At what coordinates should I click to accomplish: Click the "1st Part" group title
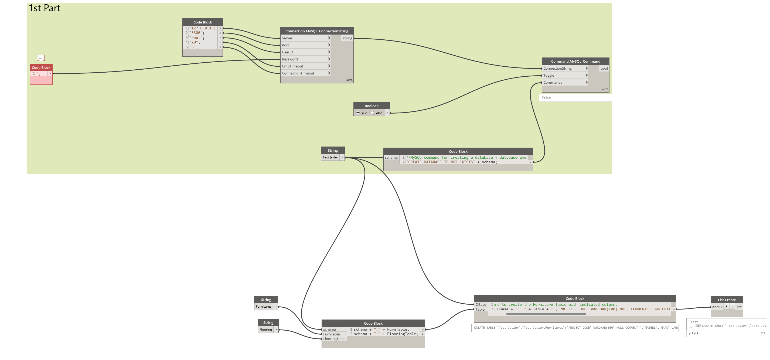(x=45, y=8)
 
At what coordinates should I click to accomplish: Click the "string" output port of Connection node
(x=347, y=38)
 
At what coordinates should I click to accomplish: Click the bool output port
(x=604, y=69)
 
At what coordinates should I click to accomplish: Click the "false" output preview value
(x=546, y=97)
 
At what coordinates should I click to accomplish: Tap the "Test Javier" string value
(x=330, y=157)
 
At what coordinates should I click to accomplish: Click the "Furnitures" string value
(x=264, y=307)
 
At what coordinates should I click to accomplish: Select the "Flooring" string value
(x=266, y=330)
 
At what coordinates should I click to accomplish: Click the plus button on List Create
(x=726, y=307)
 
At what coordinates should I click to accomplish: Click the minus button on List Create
(x=732, y=307)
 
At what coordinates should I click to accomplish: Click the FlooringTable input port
(x=334, y=339)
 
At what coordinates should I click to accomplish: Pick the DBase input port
(x=481, y=305)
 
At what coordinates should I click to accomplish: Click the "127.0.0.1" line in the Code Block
(x=202, y=28)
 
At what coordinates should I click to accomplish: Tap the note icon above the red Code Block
(x=41, y=58)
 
